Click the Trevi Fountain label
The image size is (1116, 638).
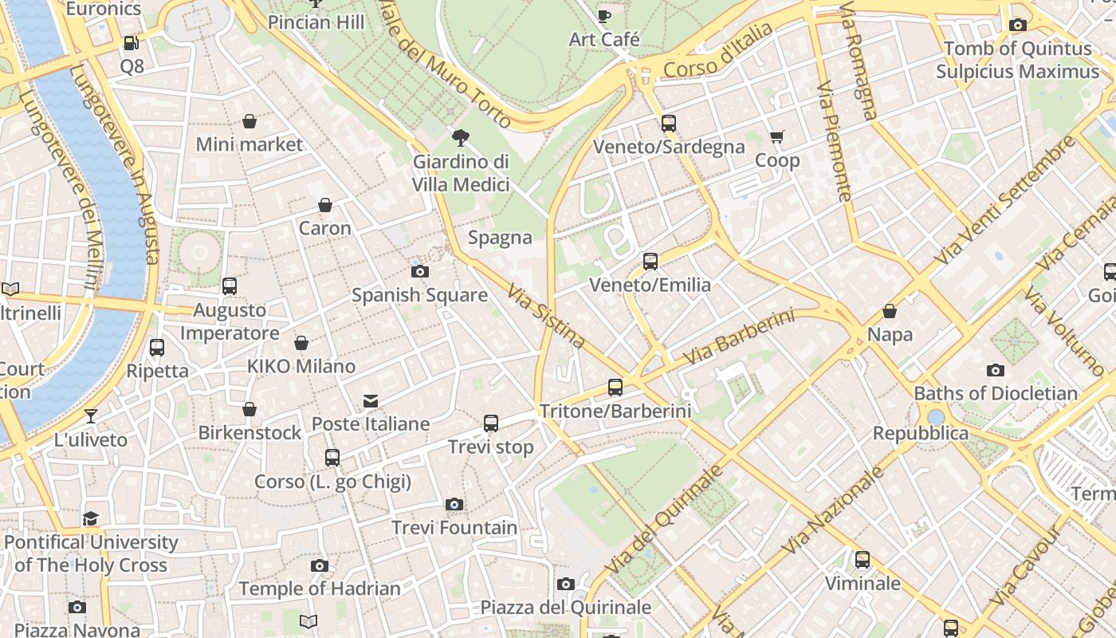454,528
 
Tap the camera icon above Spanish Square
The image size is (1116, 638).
420,271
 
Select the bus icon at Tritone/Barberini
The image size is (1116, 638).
615,388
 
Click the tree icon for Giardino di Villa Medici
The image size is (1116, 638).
460,138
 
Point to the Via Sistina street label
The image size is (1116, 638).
546,317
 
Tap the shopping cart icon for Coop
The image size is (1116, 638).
777,137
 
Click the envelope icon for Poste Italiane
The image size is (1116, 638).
371,400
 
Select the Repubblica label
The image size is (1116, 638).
921,433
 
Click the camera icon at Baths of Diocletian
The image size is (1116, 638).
996,370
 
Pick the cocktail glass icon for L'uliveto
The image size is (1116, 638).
91,416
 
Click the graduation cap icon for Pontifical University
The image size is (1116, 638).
91,519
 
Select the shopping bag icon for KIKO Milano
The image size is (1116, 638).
301,343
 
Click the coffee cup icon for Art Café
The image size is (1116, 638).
604,16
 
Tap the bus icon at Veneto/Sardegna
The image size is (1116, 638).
669,124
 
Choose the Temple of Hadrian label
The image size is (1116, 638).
320,589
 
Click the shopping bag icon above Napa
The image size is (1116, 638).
890,311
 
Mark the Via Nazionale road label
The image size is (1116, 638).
834,510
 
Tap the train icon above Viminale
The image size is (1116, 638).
863,560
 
